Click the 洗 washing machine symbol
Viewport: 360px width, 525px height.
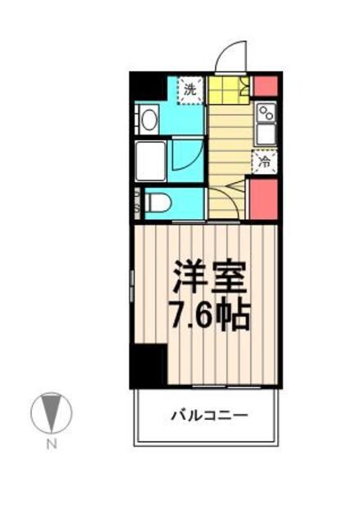tap(189, 89)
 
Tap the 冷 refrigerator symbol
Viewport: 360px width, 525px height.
tap(264, 162)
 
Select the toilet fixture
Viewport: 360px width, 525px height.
tap(158, 201)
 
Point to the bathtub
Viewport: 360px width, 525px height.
tap(152, 160)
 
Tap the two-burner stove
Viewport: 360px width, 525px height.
tap(266, 112)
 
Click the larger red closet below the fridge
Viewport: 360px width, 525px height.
tap(264, 199)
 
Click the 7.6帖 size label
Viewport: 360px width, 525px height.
tap(209, 316)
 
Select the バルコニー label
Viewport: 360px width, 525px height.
tap(208, 416)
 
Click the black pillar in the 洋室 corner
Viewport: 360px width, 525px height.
tap(148, 364)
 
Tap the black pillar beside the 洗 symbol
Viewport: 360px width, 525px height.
tap(148, 86)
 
